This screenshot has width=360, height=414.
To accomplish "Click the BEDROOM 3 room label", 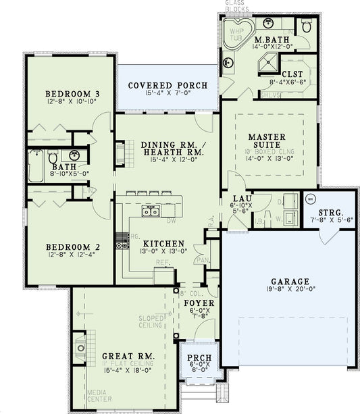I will [x=69, y=93].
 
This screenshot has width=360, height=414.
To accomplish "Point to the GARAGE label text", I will [x=290, y=282].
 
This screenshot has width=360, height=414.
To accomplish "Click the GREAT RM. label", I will [x=128, y=356].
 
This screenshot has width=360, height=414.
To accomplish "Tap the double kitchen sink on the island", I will [x=150, y=211].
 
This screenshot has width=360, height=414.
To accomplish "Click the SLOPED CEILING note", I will [x=151, y=321].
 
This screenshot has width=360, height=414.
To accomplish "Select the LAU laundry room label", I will [x=242, y=199].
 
